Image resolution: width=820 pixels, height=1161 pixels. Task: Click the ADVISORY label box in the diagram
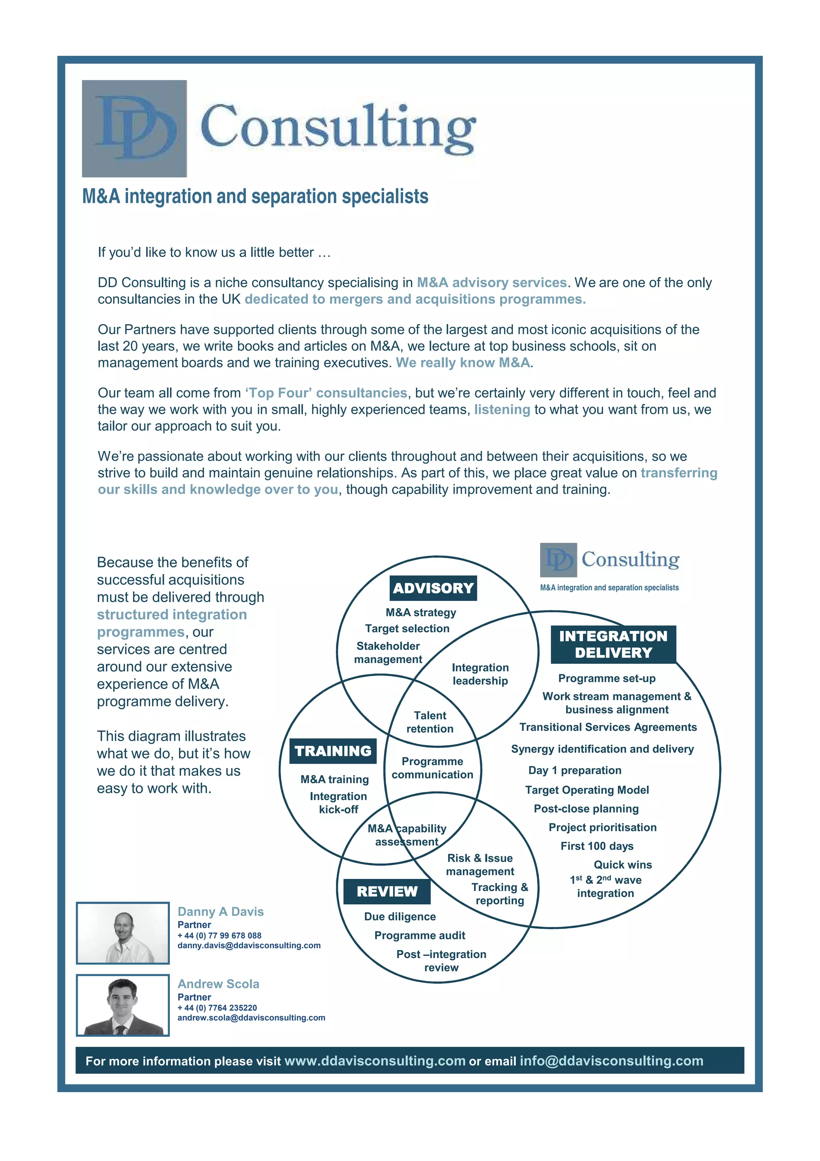click(x=433, y=588)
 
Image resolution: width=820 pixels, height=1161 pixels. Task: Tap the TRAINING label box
click(x=333, y=751)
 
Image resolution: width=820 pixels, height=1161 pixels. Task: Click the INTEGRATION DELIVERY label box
click(x=613, y=644)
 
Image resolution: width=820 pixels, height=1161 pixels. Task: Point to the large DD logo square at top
click(x=135, y=129)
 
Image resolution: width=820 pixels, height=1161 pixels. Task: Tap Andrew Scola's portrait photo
click(x=123, y=1005)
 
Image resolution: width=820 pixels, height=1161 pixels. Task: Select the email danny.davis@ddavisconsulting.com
click(x=249, y=945)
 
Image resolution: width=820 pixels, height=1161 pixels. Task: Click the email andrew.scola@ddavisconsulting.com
click(x=251, y=1018)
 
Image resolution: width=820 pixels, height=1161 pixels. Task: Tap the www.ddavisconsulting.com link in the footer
click(x=374, y=1060)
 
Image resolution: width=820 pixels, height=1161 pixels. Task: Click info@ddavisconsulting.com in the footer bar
click(x=611, y=1060)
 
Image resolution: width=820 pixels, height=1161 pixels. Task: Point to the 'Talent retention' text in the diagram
click(x=430, y=722)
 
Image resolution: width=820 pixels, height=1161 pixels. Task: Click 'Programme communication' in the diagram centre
click(x=432, y=768)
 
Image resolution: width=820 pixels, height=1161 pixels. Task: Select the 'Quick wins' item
click(x=623, y=864)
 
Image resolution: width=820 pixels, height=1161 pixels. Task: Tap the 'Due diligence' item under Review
click(x=400, y=916)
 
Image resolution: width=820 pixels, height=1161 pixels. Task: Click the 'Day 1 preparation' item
click(x=575, y=770)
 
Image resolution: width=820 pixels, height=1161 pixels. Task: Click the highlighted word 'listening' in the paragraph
click(x=502, y=409)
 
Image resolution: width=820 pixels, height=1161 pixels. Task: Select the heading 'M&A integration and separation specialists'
click(x=255, y=196)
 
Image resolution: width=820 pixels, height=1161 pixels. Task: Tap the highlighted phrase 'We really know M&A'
click(x=463, y=362)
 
